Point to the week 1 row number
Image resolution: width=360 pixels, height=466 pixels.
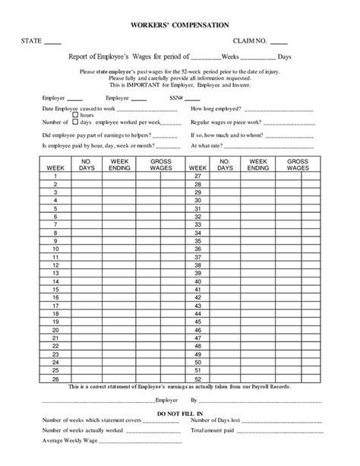coord(55,176)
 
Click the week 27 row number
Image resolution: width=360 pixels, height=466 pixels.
coord(197,176)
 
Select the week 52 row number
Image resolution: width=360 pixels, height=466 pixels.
coord(197,379)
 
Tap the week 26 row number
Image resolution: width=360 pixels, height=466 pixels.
coord(55,379)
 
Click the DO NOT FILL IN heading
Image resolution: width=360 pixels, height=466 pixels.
coord(180,414)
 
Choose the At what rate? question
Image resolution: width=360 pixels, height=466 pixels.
coord(207,144)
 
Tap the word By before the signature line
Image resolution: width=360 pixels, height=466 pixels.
coord(194,398)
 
